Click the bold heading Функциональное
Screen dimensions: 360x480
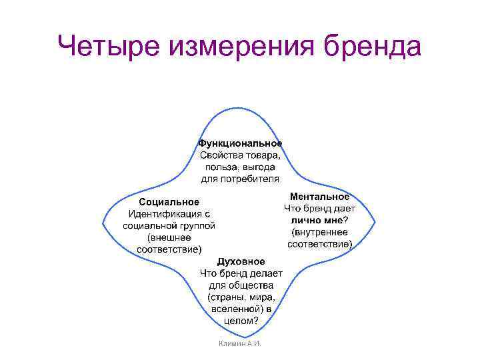coord(240,143)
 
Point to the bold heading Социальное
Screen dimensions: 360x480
coord(169,202)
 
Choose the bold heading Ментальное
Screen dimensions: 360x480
coord(319,197)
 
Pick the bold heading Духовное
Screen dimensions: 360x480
coord(241,261)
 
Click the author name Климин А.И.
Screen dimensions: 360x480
coord(240,343)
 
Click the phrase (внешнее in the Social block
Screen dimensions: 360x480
coord(169,238)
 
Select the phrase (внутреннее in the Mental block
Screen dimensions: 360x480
coord(319,233)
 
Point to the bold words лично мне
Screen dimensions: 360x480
coord(316,221)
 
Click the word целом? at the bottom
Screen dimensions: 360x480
coord(241,321)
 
